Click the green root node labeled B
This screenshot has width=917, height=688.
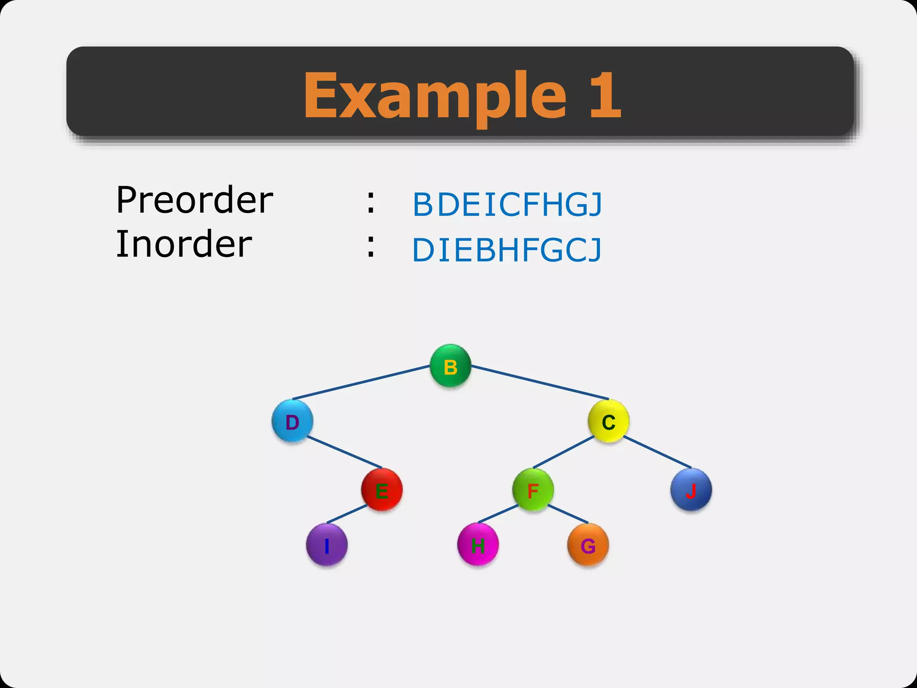coord(450,365)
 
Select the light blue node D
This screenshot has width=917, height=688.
coord(292,421)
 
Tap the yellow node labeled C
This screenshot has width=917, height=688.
coord(608,421)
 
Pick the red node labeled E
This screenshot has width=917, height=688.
coord(382,490)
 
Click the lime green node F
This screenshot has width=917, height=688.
coord(533,490)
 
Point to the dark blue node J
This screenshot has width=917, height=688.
coord(691,490)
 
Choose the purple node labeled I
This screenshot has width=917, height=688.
coord(327,545)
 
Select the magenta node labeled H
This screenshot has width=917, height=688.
coord(478,545)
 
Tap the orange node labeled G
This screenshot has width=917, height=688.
coord(588,545)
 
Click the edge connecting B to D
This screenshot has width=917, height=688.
coord(361,383)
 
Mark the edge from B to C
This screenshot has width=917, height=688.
coord(540,383)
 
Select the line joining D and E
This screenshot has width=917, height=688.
coord(345,452)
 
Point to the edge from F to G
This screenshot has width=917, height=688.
coord(568,514)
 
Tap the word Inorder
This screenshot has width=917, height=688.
coord(184,244)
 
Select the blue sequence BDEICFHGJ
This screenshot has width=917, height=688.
coord(507,205)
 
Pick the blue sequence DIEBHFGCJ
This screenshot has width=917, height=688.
coord(507,250)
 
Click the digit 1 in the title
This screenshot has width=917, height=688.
coord(605,95)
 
